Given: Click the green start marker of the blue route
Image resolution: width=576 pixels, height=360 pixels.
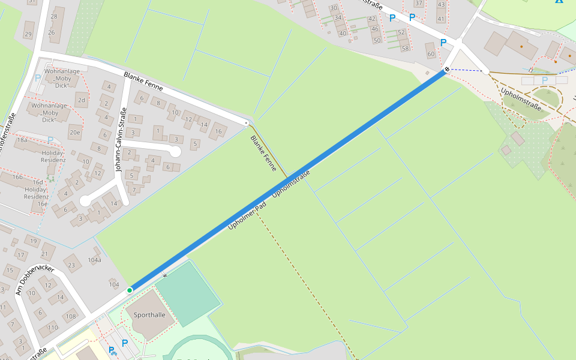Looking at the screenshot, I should (x=130, y=290).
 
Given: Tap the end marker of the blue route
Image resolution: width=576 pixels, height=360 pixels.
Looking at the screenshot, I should (x=446, y=70).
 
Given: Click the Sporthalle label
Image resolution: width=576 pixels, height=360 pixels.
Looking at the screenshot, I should (x=149, y=314).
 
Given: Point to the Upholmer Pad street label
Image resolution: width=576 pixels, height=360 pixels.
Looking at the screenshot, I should (x=247, y=217).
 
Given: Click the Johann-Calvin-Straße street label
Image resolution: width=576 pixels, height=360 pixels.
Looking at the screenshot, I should (x=121, y=140).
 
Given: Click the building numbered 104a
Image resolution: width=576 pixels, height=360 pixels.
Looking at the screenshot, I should (x=94, y=260).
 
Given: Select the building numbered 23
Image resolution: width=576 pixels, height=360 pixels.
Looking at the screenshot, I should (x=71, y=265).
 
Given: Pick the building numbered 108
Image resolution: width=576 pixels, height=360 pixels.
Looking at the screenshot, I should (x=71, y=316).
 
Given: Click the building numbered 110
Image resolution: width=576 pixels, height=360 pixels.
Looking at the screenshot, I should (x=52, y=328).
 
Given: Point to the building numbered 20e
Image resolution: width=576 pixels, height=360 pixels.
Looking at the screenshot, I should (x=74, y=133).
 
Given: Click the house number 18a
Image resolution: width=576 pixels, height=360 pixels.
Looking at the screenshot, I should (x=22, y=139).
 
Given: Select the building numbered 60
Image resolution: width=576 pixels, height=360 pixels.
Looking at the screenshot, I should (x=430, y=54).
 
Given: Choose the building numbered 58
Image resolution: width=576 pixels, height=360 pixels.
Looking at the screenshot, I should (x=404, y=48).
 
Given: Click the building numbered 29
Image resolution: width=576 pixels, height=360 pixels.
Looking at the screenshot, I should (x=28, y=34).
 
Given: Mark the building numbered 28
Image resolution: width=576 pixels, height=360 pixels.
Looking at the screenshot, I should (x=54, y=16).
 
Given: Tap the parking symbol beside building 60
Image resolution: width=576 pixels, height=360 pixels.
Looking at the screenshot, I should (x=443, y=43).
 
